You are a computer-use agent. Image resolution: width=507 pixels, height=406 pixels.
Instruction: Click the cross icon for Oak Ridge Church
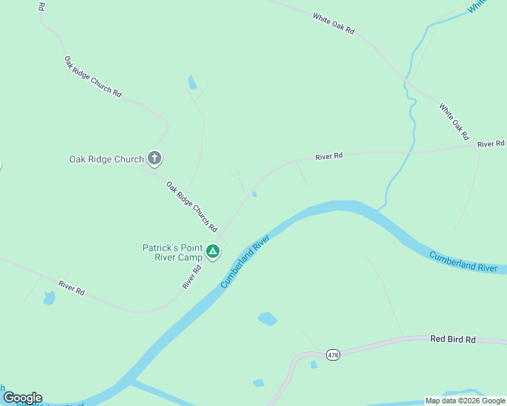point(155,159)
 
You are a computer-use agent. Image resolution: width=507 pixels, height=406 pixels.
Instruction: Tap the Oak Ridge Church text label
point(106,160)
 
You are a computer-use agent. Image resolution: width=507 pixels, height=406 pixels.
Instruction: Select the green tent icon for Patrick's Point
point(213,252)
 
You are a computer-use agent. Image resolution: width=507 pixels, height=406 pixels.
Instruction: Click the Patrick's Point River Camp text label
point(172,252)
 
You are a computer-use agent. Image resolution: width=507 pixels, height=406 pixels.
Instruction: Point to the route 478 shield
point(332,355)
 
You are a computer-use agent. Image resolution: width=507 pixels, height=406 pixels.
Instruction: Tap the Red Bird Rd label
point(453,339)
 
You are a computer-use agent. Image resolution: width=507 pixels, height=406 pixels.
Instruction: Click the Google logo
point(22,397)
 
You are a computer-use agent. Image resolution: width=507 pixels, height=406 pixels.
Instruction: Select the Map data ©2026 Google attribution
point(465,401)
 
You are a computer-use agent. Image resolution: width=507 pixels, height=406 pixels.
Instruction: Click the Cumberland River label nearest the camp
point(245,261)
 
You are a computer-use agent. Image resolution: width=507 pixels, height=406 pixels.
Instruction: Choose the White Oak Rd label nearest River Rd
point(453,121)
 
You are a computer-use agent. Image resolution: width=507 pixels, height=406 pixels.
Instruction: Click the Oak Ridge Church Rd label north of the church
point(93,76)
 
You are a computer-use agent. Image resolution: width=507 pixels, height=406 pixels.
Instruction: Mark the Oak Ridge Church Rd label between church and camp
point(192,206)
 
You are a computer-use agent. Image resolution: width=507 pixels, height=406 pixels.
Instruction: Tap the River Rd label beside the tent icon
point(192,277)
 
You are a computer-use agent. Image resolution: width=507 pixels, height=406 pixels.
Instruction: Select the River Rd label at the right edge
point(491,144)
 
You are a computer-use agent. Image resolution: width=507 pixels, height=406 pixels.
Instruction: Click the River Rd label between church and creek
point(329,156)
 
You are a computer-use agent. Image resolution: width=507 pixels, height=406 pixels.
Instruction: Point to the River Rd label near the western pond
point(72,287)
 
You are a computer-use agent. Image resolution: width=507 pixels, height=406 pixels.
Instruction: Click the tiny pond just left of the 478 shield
point(313,365)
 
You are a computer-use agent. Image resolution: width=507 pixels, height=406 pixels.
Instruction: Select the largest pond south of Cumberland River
point(268,319)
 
